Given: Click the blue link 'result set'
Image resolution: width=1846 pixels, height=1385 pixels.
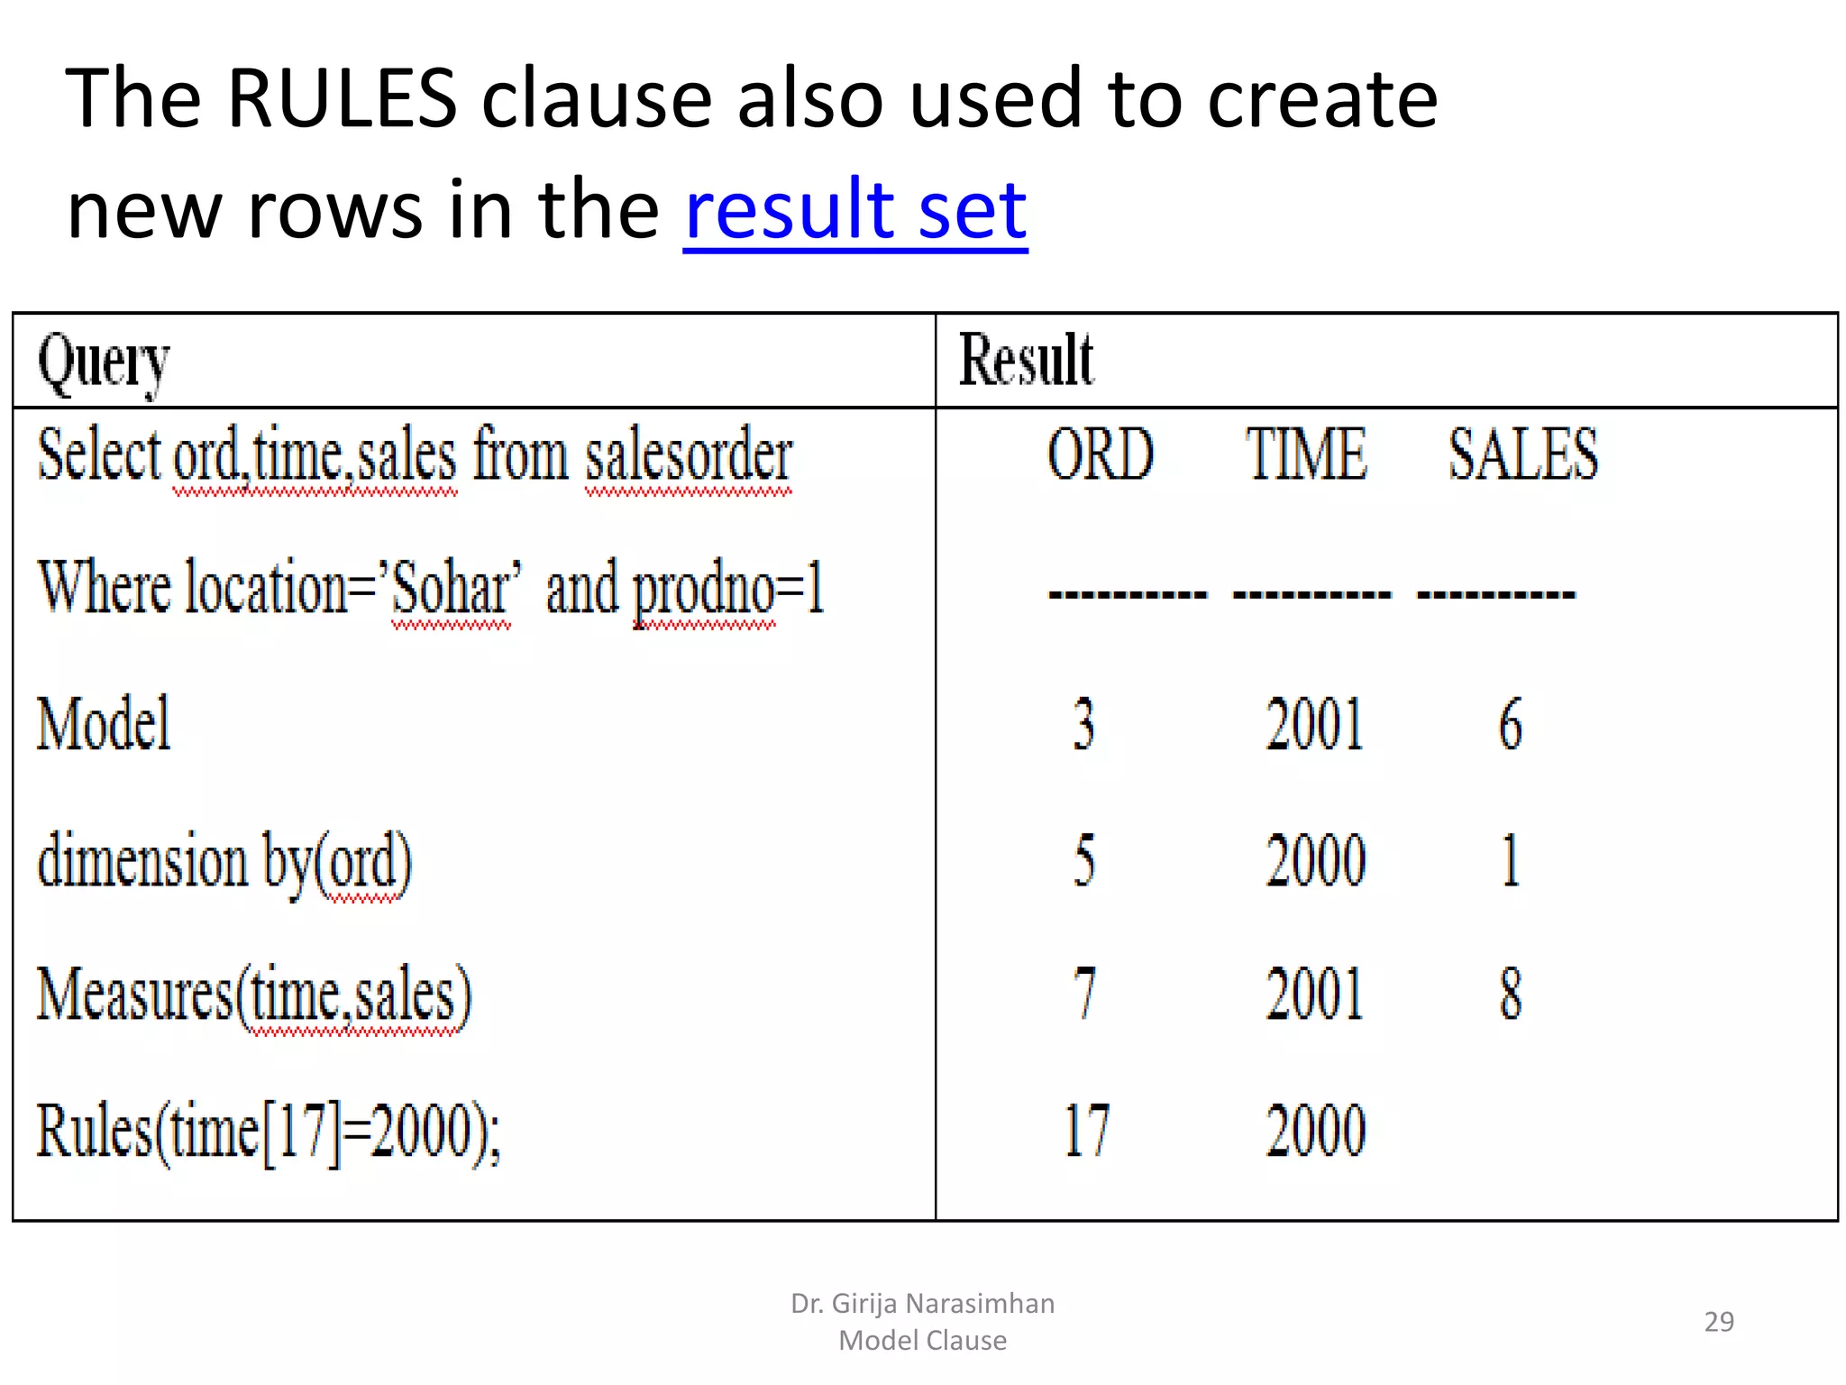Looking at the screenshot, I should click(854, 210).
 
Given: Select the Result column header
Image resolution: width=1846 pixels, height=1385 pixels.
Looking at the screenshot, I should click(1026, 361).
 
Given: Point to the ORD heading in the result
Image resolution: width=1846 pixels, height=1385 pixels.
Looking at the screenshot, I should click(1100, 454).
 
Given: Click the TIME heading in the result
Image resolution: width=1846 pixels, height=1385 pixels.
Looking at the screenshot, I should click(1306, 454).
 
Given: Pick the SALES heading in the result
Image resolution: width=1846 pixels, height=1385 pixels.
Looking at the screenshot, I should click(1522, 454).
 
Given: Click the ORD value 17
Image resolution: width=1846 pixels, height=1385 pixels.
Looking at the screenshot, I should click(1086, 1130).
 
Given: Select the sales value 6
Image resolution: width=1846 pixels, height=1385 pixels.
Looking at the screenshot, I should click(1511, 724).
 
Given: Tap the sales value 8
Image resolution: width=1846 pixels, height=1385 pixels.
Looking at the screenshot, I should click(1511, 994).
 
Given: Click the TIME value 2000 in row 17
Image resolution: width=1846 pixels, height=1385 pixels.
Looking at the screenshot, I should click(1315, 1130).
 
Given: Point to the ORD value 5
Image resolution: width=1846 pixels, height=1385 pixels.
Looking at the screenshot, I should click(1084, 859).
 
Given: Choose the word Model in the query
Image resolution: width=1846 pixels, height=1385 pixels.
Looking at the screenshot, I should click(104, 724).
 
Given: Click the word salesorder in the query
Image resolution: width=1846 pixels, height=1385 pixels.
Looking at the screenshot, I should click(689, 455).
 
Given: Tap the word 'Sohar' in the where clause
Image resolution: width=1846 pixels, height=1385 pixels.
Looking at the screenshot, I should click(453, 589).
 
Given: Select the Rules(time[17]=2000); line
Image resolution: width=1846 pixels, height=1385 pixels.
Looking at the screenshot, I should click(269, 1132).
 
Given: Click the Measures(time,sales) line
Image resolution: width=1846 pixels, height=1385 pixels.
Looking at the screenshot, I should click(254, 995).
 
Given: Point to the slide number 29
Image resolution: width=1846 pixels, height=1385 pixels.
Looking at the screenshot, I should click(1718, 1322).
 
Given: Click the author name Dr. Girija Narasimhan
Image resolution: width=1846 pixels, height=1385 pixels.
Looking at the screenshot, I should click(922, 1304).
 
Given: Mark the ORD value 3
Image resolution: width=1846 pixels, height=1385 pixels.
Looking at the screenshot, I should click(1084, 724).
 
